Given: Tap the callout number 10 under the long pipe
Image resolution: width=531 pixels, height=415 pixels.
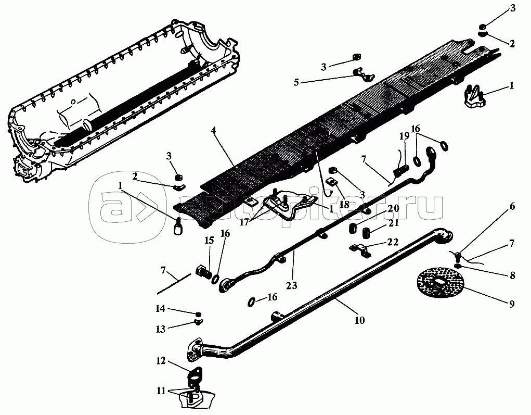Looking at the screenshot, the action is (360, 320).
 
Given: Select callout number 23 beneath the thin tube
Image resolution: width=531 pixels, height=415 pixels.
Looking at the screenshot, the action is (291, 285).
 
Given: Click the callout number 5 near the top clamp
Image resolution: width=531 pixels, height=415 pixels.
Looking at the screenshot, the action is (296, 82).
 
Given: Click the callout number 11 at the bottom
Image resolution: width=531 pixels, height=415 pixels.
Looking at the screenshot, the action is (161, 391).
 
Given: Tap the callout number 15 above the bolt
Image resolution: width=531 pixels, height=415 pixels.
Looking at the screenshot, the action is (209, 241).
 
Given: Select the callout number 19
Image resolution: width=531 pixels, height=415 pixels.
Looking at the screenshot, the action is (404, 136).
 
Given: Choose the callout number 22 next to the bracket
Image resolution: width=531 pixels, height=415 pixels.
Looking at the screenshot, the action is (393, 242).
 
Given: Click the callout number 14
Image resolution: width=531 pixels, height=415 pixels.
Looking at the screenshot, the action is (160, 309).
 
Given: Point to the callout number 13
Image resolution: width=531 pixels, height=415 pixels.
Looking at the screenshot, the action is (161, 329).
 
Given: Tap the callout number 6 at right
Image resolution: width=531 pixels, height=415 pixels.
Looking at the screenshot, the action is (512, 206).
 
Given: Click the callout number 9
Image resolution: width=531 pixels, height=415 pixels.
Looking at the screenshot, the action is (511, 304).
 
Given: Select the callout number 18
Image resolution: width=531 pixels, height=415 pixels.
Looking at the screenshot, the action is (344, 205).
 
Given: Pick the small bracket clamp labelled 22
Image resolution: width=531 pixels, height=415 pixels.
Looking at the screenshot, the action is (360, 250).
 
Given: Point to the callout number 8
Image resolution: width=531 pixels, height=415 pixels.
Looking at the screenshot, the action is (512, 275).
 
